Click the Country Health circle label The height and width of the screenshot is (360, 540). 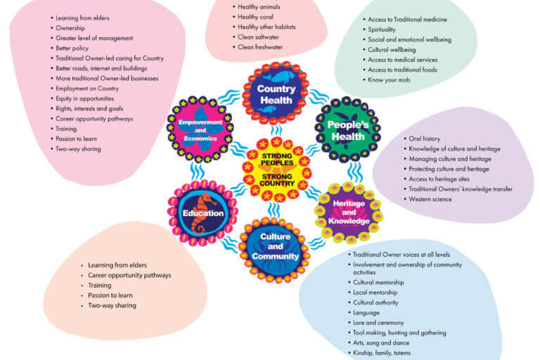pyautogui.click(x=276, y=94)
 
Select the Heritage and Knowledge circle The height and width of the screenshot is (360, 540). pyautogui.click(x=348, y=212)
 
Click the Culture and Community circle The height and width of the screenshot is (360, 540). pyautogui.click(x=276, y=247)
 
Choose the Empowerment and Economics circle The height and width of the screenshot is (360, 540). pyautogui.click(x=200, y=130)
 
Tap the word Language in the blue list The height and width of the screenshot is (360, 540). pyautogui.click(x=366, y=312)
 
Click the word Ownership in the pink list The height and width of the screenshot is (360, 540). pyautogui.click(x=70, y=28)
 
